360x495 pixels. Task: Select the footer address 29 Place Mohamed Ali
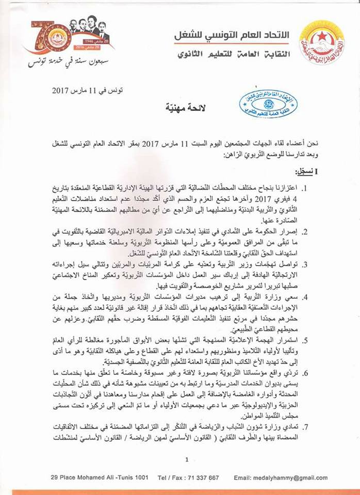[67, 478]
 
